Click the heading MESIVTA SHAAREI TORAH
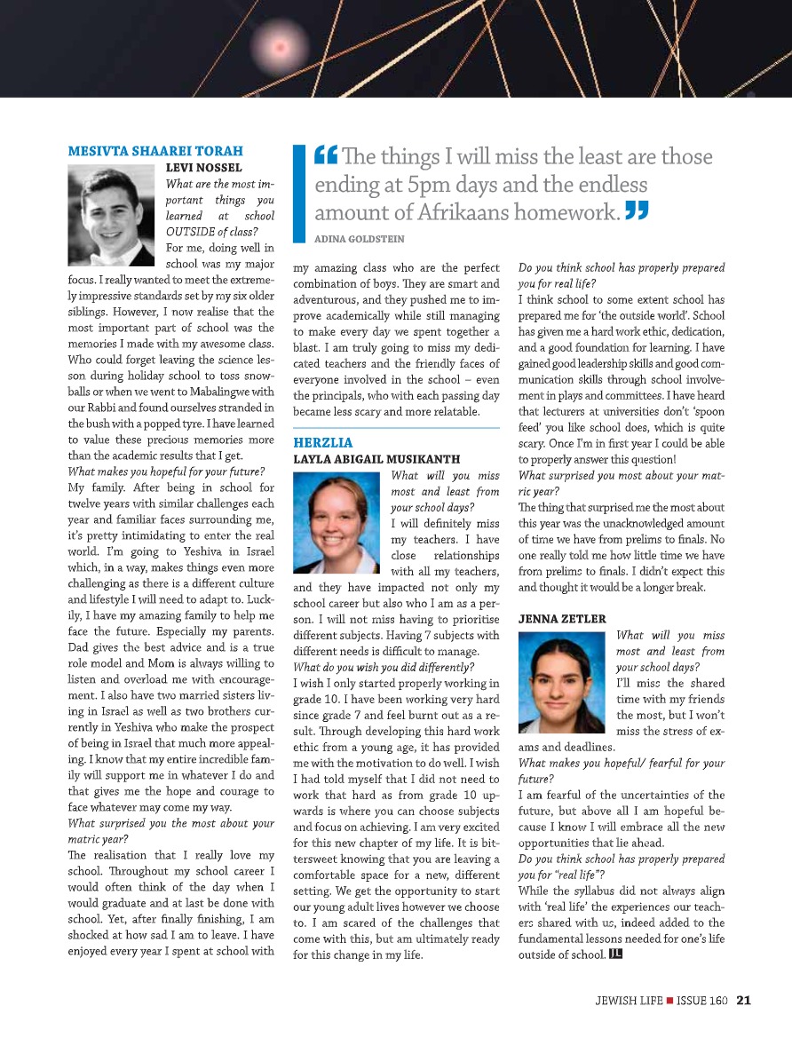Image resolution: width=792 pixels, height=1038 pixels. (x=155, y=151)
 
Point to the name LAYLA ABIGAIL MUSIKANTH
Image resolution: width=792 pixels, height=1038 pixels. (x=376, y=459)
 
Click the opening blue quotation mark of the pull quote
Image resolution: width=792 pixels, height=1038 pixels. (x=325, y=157)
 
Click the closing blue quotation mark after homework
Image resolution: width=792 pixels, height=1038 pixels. (x=637, y=211)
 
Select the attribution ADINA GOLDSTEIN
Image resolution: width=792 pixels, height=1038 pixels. (x=360, y=239)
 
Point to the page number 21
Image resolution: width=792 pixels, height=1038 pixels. (x=744, y=1001)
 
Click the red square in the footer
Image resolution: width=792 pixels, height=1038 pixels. (x=669, y=1001)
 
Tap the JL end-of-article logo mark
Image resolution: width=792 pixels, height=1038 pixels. (x=615, y=955)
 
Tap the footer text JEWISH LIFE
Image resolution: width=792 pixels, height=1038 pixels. (x=627, y=1001)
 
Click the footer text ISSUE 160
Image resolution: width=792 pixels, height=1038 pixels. (x=702, y=1001)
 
